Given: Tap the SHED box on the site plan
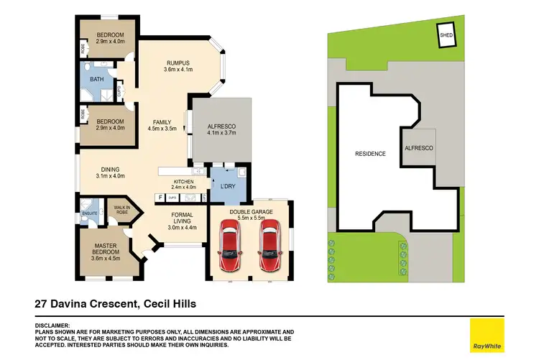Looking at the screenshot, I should tap(446, 34).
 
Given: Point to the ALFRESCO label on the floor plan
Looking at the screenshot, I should tap(222, 125).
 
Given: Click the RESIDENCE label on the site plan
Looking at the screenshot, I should tap(370, 154).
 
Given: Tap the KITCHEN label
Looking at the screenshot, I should tap(183, 182).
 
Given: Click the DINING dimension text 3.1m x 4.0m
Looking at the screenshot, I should tap(110, 175).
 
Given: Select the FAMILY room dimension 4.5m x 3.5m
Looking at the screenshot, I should tap(162, 129).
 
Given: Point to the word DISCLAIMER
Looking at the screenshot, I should tap(53, 326).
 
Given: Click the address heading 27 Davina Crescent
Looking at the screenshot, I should tap(84, 304).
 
